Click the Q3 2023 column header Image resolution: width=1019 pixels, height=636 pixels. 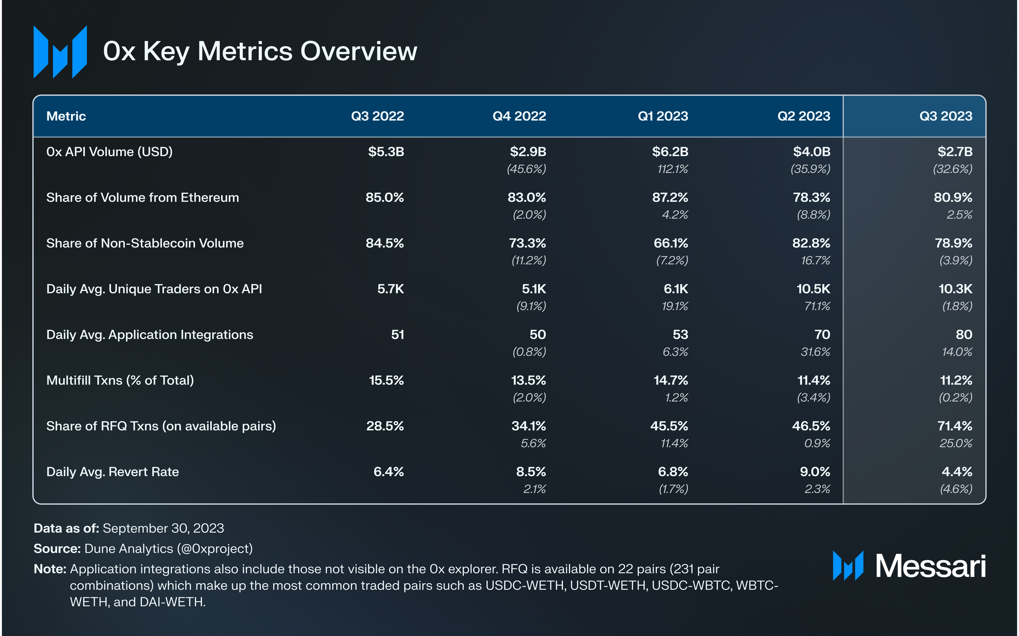946,116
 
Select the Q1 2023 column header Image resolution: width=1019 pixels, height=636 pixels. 663,116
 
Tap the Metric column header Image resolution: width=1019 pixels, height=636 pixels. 66,116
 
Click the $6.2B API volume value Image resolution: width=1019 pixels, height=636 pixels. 670,152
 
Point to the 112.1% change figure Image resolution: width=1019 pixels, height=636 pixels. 673,169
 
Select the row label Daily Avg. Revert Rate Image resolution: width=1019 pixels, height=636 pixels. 113,472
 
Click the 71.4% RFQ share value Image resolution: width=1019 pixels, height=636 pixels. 955,426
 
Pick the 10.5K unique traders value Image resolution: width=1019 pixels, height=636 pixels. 813,289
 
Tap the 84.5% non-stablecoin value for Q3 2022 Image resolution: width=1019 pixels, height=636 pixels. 385,243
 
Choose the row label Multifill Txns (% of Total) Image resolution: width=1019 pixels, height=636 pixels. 120,380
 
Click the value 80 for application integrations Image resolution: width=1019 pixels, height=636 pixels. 964,335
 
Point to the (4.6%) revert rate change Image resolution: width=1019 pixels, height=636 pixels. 956,489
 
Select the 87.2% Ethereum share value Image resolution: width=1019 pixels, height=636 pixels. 670,198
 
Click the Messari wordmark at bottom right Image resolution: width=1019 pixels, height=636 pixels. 931,566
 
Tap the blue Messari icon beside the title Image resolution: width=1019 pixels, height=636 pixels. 60,52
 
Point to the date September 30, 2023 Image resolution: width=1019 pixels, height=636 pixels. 163,528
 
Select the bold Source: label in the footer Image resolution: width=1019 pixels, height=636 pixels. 57,549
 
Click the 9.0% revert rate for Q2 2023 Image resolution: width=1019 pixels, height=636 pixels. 815,472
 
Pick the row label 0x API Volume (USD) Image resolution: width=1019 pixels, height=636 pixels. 109,152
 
